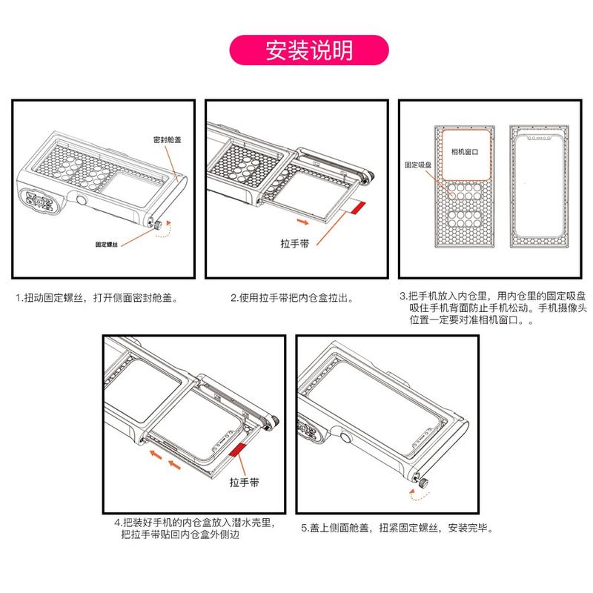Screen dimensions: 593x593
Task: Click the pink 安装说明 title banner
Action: [x=311, y=50]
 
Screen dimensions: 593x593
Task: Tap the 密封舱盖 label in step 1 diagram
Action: [x=167, y=139]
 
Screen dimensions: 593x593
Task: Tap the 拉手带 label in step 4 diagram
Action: [x=244, y=483]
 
